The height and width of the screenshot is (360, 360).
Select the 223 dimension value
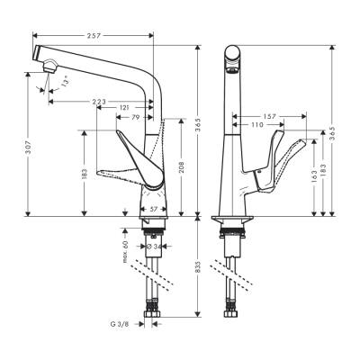pyautogui.click(x=100, y=102)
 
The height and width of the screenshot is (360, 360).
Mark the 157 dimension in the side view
pyautogui.click(x=268, y=117)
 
